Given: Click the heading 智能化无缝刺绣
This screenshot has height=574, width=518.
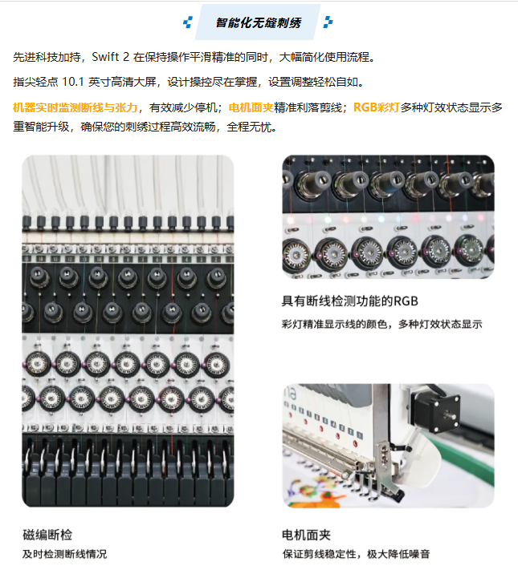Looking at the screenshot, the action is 258,22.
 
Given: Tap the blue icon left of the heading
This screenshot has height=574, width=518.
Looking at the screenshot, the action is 188,22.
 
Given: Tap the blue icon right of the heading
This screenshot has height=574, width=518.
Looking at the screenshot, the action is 328,22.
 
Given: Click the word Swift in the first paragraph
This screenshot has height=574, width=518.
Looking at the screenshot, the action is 105,57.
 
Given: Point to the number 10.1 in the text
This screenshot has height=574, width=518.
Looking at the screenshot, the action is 73,82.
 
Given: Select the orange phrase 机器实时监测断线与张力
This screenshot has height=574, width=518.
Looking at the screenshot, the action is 75,107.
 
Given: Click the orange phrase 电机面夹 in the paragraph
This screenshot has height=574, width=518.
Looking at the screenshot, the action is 251,107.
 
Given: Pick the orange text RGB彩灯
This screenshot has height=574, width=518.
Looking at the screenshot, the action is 376,107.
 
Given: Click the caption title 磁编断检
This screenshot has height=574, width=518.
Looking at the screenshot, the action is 47,535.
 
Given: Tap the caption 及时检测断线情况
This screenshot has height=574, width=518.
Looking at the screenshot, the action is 64,554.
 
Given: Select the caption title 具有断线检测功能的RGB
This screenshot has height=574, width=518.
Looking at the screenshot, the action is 349,301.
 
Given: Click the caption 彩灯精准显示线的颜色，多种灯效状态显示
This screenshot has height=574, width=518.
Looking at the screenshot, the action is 381,325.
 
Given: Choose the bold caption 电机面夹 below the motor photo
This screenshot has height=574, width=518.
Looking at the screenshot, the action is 306,535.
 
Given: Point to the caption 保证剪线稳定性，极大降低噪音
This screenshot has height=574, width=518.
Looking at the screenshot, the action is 356,554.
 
